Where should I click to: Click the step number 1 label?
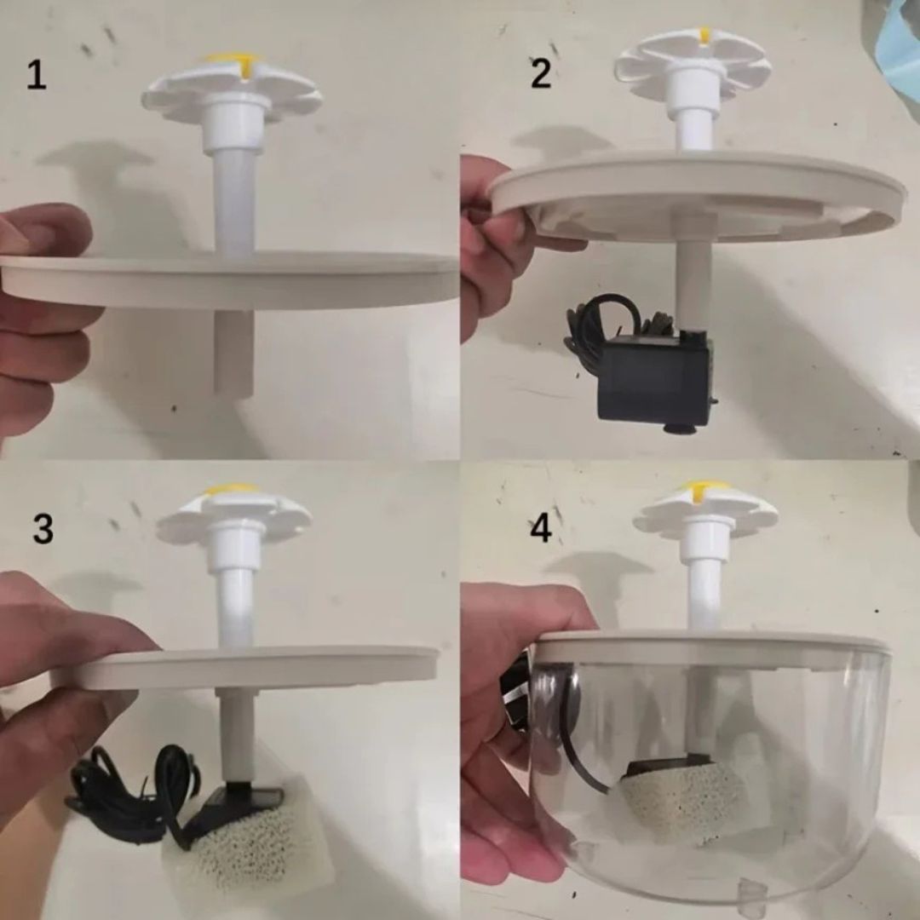36,76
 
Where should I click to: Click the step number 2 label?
540,74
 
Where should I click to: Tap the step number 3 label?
43,529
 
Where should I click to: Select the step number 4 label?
540,529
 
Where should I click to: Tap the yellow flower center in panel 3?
233,491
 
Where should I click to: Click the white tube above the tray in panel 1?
233,200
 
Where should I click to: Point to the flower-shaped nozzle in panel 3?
234,515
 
